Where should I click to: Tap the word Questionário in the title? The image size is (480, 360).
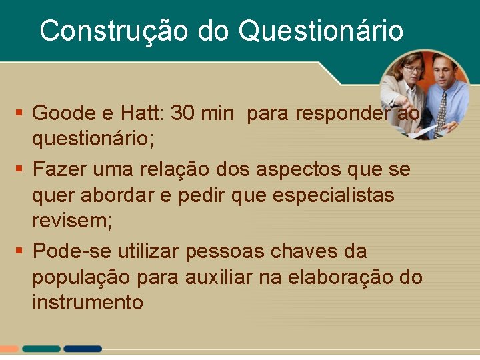(x=320, y=31)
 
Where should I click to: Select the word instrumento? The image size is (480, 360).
(x=87, y=302)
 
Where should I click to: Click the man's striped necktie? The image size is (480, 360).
(x=441, y=110)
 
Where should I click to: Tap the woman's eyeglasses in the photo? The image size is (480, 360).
(x=413, y=69)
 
